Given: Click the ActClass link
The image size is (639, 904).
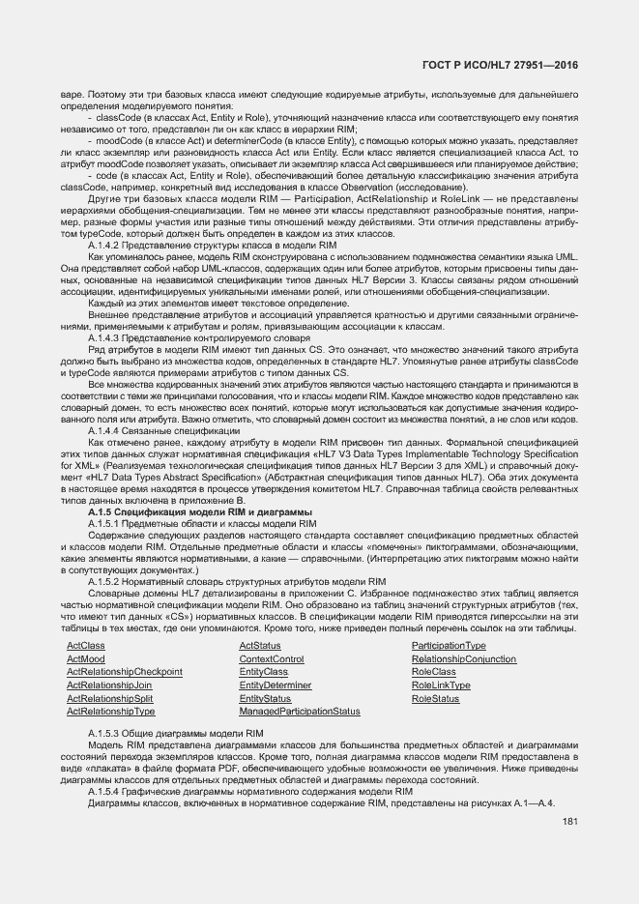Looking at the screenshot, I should [85, 645].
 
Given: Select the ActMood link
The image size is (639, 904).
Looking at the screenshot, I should [85, 658].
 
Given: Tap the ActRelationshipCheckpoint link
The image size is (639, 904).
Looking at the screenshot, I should [124, 671].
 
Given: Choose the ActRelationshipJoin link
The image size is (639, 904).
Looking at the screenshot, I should [109, 685].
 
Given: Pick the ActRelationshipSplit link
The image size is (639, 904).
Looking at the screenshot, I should [109, 698].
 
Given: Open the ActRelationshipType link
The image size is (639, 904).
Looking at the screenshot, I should [110, 711].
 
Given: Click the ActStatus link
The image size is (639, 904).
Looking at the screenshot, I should [260, 645].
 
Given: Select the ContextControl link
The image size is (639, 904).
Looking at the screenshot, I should [272, 658].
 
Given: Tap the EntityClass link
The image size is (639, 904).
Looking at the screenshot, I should [264, 671].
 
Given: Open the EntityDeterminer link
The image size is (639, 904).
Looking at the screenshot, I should [276, 685].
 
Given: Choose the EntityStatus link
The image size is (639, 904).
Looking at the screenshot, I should [265, 698].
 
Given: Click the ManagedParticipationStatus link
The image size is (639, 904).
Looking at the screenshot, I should [300, 711].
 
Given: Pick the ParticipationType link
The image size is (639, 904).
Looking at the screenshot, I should [449, 645].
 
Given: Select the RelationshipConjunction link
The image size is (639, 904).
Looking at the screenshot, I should [464, 658].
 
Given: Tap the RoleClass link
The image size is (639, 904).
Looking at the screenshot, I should [434, 671].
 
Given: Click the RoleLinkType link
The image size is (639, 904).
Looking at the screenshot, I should [441, 685].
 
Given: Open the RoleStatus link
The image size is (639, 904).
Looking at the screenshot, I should [436, 698].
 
